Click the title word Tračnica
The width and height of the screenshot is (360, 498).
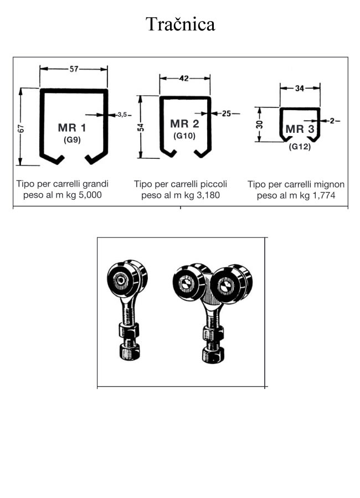[x=180, y=24]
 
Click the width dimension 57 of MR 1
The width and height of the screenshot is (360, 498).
[x=74, y=69]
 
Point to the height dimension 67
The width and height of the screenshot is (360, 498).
[x=20, y=128]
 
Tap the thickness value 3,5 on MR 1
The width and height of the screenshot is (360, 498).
[x=122, y=115]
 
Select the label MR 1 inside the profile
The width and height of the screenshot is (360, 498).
[x=72, y=128]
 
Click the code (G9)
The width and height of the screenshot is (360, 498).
[x=72, y=139]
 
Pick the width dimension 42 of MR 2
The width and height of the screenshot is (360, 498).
[x=184, y=79]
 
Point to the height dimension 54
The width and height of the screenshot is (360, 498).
[x=141, y=127]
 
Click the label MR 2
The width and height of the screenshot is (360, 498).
[x=184, y=123]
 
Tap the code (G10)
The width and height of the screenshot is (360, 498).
[x=184, y=135]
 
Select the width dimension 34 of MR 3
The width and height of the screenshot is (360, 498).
[x=300, y=87]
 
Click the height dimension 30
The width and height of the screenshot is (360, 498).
[x=259, y=125]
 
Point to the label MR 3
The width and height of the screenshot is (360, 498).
[x=300, y=129]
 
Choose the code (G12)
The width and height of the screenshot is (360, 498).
[x=300, y=147]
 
